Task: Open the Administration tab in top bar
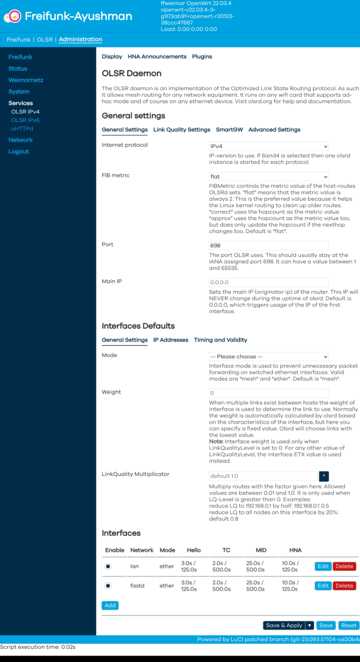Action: click(80, 39)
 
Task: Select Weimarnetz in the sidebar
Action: click(25, 80)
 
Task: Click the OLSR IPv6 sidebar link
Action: click(25, 120)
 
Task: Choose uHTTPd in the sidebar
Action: click(22, 128)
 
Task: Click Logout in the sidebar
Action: click(19, 151)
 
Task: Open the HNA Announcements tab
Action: click(157, 56)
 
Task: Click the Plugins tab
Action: click(202, 56)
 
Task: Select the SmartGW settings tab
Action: click(229, 130)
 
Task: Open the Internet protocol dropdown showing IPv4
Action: click(268, 147)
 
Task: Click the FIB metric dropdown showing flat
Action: click(268, 177)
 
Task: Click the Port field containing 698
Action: click(268, 246)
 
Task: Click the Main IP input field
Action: click(268, 282)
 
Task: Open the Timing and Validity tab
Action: click(220, 340)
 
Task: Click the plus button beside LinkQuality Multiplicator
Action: click(324, 476)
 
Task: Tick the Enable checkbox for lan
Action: click(108, 566)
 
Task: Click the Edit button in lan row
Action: click(323, 566)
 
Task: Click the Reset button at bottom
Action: click(348, 625)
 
